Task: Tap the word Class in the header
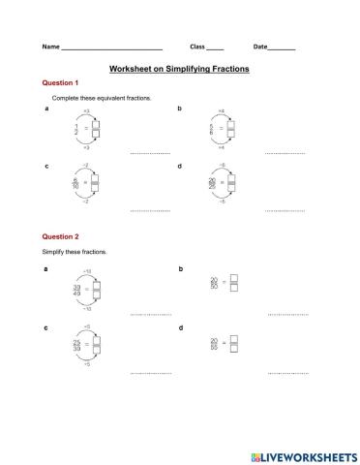tap(197, 47)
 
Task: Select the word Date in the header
tap(261, 47)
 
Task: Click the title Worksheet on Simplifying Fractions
tap(179, 70)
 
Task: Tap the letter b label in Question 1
tap(180, 108)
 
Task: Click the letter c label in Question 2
tap(46, 327)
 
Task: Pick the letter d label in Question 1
tap(180, 166)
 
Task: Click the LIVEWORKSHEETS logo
tap(299, 454)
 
